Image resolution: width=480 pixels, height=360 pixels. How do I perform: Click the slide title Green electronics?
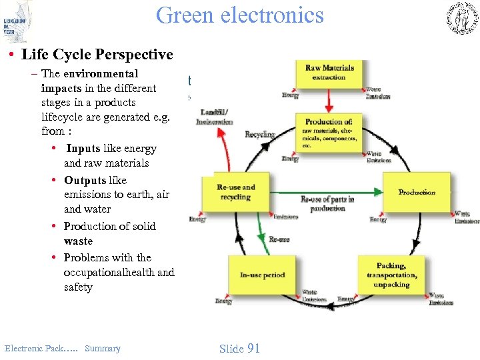pos(239,15)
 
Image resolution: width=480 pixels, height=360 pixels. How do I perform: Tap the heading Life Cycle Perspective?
pos(97,55)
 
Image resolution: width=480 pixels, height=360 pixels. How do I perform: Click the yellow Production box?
pos(417,193)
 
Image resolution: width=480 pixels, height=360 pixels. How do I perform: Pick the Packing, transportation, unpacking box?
pos(391,275)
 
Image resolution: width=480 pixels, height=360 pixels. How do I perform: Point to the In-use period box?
pos(263,275)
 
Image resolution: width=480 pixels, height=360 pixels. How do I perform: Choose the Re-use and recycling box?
pos(235,193)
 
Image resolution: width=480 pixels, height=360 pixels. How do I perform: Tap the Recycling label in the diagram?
pos(259,135)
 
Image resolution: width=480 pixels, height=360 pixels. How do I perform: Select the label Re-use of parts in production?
pos(327,203)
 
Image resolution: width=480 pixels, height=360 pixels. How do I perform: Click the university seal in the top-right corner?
pos(461,18)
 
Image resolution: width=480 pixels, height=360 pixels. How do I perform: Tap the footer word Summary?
pos(103,348)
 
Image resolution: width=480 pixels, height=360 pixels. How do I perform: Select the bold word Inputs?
pos(83,149)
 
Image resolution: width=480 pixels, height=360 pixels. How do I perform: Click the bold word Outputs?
pos(85,180)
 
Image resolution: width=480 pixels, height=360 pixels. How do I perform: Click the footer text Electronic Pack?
pos(32,348)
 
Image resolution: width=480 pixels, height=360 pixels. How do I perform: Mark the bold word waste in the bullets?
pos(78,241)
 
